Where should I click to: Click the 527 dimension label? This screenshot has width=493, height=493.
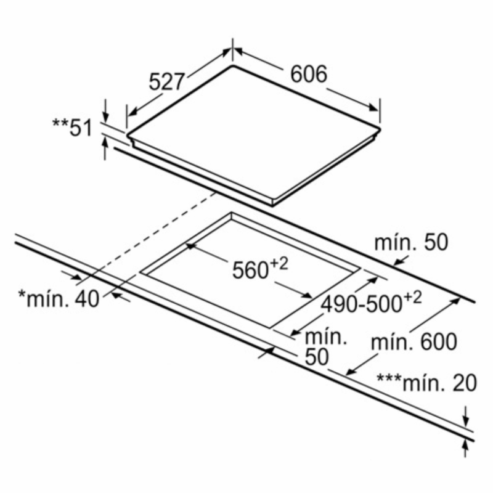coord(166,82)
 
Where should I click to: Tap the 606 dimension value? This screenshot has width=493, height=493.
coord(309,74)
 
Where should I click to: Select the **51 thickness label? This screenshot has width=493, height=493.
coord(72,128)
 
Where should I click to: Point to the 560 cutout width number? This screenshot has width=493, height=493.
coord(250,271)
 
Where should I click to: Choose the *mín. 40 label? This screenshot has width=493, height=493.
coord(59,299)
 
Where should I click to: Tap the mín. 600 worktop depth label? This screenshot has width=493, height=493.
coord(414,342)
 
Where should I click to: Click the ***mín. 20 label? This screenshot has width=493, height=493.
coord(426,383)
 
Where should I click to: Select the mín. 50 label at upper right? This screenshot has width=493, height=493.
coord(411,242)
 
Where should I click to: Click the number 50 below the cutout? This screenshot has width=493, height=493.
coord(317,357)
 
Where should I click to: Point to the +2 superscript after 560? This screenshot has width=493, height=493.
coord(279,264)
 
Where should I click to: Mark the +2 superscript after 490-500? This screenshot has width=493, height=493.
coord(412,298)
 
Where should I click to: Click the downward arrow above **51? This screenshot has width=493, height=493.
coord(105,111)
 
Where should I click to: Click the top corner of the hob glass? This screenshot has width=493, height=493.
coord(233,65)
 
